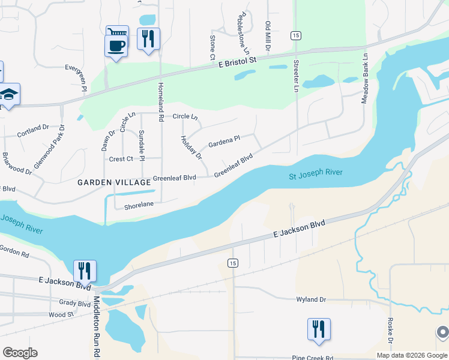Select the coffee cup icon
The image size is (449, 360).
point(116,45)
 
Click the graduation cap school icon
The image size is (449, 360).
point(9,95)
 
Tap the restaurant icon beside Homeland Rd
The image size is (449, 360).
point(148,39)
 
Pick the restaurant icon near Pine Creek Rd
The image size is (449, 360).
point(319,329)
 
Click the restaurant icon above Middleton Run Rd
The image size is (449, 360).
point(85,271)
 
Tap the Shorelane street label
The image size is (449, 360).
point(139,205)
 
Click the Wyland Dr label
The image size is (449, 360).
point(310,299)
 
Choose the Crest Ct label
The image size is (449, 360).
point(121,159)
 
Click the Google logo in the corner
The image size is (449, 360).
point(20,352)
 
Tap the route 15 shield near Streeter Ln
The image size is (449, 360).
point(295,36)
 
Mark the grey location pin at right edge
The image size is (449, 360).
point(442,332)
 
